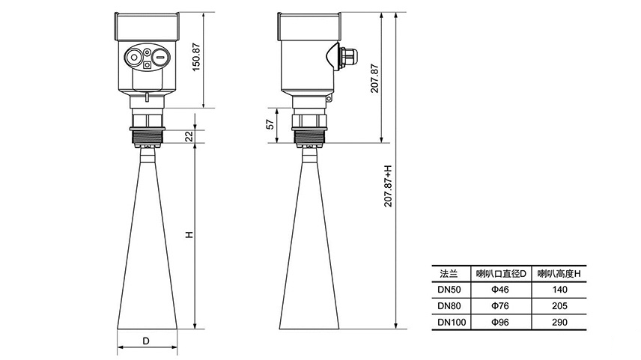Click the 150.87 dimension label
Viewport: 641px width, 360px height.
pos(196,57)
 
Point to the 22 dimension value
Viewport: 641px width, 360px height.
pos(189,136)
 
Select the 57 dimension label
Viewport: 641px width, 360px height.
pos(270,124)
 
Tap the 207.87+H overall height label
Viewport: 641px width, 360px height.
pos(388,186)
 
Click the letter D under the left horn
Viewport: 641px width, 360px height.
pos(146,341)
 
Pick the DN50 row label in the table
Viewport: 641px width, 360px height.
pos(449,290)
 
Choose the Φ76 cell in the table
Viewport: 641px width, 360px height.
pos(500,306)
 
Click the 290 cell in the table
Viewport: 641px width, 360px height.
pos(559,323)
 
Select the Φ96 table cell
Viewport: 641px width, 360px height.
pos(500,323)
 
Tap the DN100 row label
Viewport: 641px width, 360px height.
pos(452,323)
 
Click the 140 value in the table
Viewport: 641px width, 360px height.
pos(559,290)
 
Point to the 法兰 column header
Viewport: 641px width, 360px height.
pos(449,274)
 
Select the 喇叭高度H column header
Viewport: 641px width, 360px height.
pos(559,274)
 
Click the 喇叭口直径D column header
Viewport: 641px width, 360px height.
pos(501,274)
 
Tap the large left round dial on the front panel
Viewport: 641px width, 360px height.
pos(134,58)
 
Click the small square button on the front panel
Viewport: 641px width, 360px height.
pos(148,65)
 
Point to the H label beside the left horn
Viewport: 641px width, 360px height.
pos(189,235)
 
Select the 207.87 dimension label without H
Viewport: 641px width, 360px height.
pos(375,78)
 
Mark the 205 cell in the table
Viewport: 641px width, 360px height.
pos(559,306)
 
